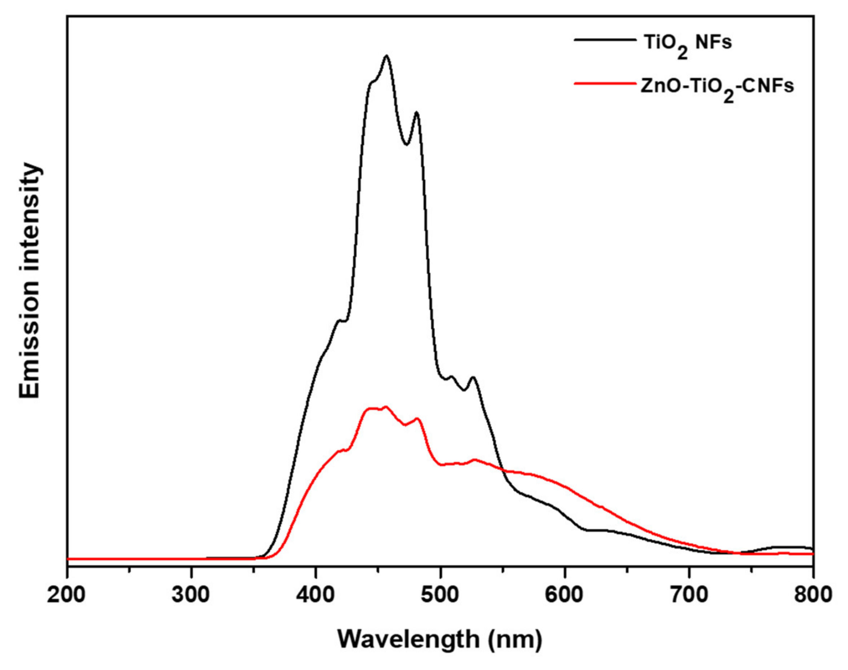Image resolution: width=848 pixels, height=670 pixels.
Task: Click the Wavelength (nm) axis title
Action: point(440,640)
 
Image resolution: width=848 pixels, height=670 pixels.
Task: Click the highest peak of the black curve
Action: point(387,56)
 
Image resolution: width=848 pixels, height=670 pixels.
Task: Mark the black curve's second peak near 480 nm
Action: point(417,113)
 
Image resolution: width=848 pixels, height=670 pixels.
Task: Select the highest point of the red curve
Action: point(386,407)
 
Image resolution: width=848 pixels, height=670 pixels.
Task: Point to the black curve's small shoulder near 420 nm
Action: point(339,321)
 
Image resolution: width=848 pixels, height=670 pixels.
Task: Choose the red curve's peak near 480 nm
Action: point(417,418)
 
